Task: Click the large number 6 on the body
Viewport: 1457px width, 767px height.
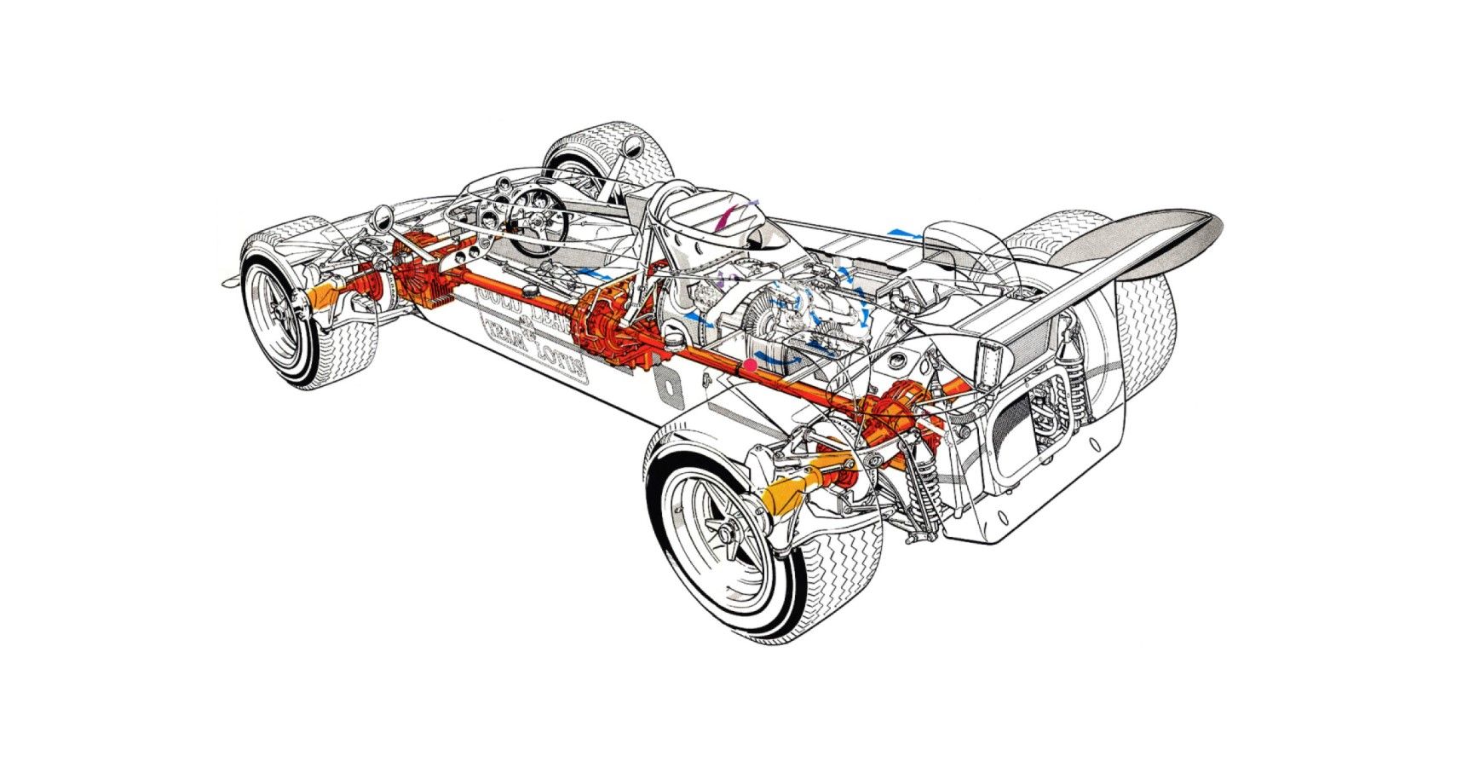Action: pos(673,388)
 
